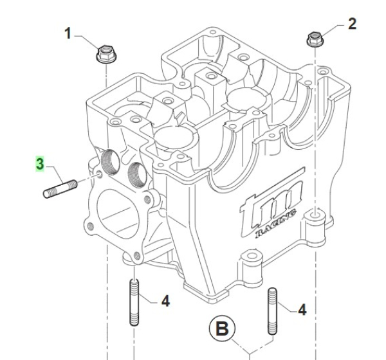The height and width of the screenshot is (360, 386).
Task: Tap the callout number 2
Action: click(x=352, y=24)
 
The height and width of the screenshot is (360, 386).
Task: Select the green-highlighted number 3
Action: click(x=40, y=164)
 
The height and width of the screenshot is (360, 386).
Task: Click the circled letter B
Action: click(x=221, y=330)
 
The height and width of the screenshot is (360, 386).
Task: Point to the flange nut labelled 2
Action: click(x=313, y=40)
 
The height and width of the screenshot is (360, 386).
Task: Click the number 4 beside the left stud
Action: click(x=165, y=300)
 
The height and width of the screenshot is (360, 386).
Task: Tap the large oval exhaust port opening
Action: click(x=115, y=212)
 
